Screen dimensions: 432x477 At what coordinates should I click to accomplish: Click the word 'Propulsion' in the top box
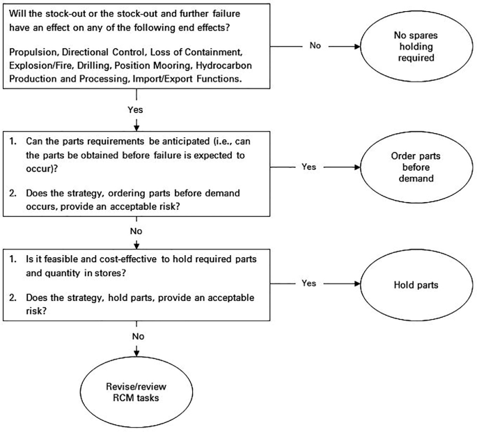35,53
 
